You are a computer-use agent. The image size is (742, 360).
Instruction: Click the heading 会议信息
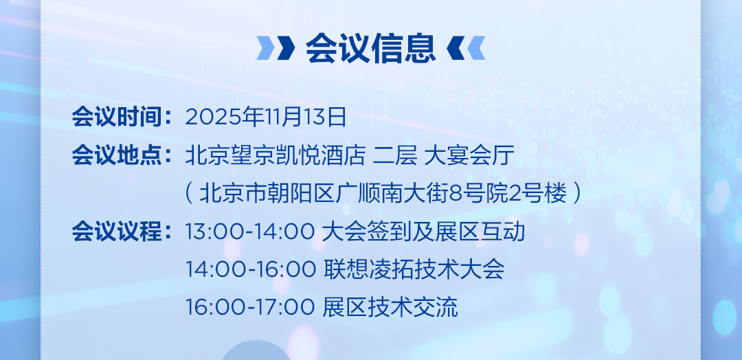[370, 48]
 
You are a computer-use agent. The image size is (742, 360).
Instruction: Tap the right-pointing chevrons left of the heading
[276, 48]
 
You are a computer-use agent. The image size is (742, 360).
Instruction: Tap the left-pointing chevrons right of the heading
[466, 48]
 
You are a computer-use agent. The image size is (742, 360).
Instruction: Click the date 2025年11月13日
[265, 117]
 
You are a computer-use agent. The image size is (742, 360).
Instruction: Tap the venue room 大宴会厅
[469, 155]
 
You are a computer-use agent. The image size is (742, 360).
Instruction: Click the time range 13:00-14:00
[249, 232]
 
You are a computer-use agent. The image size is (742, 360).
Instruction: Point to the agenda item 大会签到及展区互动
[423, 232]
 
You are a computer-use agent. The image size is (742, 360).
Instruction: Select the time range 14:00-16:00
[250, 269]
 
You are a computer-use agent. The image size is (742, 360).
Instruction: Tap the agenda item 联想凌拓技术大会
[414, 269]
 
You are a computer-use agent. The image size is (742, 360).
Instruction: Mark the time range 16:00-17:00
[249, 308]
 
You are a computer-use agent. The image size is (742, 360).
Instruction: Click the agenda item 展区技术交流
[390, 308]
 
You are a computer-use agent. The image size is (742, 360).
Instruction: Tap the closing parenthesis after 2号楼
[577, 194]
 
